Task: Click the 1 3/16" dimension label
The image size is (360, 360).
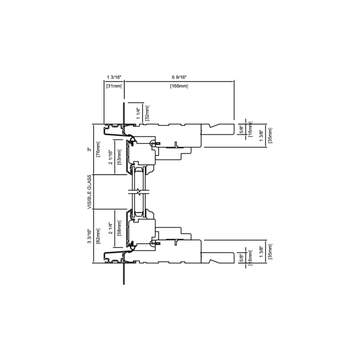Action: point(114,77)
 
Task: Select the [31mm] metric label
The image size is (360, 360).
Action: point(114,86)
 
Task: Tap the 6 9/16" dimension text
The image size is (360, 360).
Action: point(179,77)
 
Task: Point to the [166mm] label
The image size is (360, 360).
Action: point(179,86)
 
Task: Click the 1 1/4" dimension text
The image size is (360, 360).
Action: point(138,113)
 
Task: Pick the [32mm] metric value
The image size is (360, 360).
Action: point(147,113)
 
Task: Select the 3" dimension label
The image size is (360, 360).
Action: point(89,149)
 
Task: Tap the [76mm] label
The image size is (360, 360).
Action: point(98,149)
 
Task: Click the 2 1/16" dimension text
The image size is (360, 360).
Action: point(111,157)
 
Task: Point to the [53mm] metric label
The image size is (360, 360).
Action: point(119,157)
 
